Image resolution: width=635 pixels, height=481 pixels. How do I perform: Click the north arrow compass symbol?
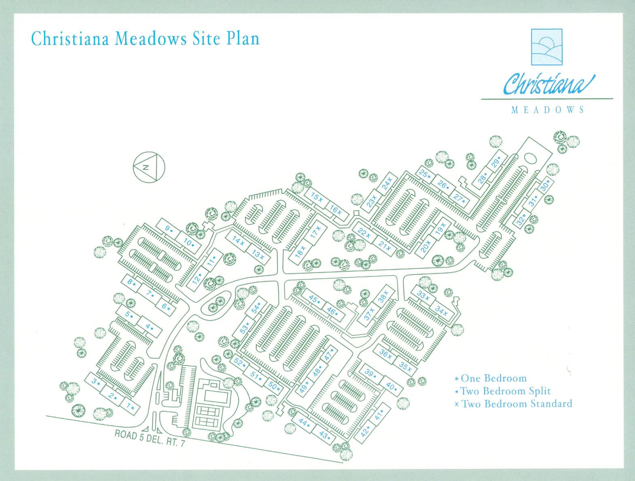tap(148, 167)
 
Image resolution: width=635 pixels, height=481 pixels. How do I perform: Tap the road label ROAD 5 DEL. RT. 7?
tap(150, 439)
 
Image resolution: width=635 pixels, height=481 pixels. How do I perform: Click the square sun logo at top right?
tap(546, 47)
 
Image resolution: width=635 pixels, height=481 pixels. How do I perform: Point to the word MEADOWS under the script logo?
tap(548, 110)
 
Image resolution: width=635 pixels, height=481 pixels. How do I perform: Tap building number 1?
tap(130, 406)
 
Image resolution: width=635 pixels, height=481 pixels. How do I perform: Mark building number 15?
tap(317, 197)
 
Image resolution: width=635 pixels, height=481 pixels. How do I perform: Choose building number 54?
tap(256, 309)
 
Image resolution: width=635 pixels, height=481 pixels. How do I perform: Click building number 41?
tap(379, 416)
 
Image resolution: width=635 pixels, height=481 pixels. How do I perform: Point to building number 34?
tap(441, 312)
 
